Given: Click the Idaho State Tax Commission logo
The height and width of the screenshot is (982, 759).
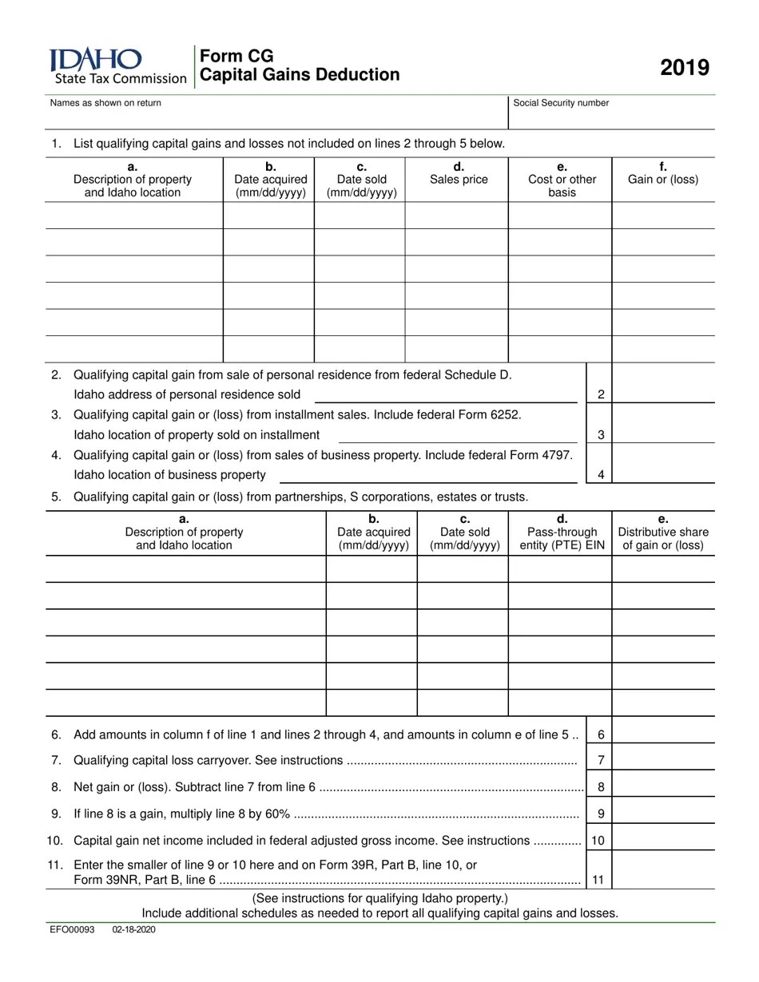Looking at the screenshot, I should point(117,65).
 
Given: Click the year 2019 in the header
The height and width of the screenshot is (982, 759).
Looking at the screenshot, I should point(685,68).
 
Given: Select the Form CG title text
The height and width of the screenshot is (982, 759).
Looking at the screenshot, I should point(236,56).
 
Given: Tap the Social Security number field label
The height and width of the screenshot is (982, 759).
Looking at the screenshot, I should point(561,103).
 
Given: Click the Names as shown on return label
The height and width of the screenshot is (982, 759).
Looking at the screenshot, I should point(105,103).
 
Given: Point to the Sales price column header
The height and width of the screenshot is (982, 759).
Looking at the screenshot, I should point(459,173).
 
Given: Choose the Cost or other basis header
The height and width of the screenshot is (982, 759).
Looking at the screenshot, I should point(562,180).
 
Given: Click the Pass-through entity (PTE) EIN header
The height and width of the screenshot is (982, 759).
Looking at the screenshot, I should point(562,533).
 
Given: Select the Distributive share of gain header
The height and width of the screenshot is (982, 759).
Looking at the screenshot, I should point(663,533).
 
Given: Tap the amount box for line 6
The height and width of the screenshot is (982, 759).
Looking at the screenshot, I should point(663,735).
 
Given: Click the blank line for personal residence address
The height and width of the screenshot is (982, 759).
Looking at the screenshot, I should point(446,394).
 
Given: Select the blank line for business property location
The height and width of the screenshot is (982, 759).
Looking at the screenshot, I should point(428,475).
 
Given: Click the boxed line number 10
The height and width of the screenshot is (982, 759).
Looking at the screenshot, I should point(598,841).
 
